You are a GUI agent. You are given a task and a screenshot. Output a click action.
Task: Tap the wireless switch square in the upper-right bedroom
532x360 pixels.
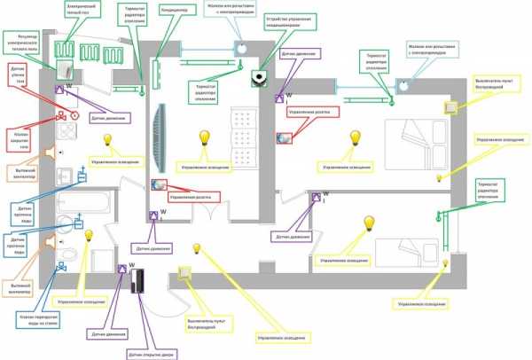pyautogui.click(x=451, y=107)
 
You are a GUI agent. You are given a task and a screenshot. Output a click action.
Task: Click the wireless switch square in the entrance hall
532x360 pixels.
pyautogui.click(x=186, y=274)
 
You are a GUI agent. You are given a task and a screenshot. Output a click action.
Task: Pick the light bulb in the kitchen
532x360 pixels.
pyautogui.click(x=109, y=140)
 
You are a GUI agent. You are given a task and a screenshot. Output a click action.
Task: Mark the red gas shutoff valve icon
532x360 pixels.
pyautogui.click(x=62, y=115)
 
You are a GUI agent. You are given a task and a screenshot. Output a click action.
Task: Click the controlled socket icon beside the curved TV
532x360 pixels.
pyautogui.click(x=158, y=184)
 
